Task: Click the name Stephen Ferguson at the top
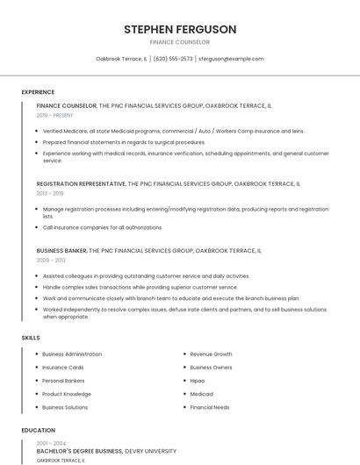pos(180,29)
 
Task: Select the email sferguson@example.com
pos(231,59)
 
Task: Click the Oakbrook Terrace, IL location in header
pos(121,59)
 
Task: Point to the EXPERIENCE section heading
pos(38,92)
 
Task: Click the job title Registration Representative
pos(81,184)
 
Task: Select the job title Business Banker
pos(61,251)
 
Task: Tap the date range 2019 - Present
pos(55,115)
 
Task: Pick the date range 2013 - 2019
pos(50,193)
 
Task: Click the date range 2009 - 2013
pos(51,261)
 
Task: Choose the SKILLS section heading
pos(31,338)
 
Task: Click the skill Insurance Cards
pos(63,368)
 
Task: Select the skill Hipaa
pos(198,381)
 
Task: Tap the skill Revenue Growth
pos(211,354)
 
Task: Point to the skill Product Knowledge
pos(67,394)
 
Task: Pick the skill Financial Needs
pos(210,407)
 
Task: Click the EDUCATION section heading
pos(38,431)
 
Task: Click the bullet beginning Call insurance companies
pos(103,227)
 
